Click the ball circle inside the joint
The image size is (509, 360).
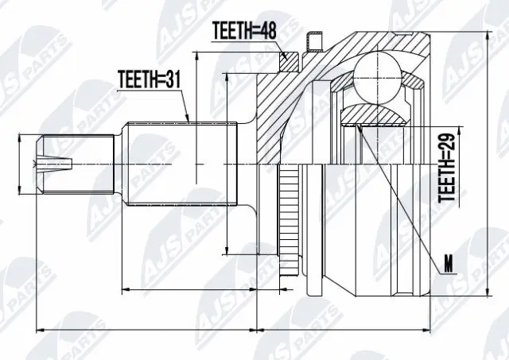[x=375, y=74]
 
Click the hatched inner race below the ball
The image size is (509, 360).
[x=374, y=114]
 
